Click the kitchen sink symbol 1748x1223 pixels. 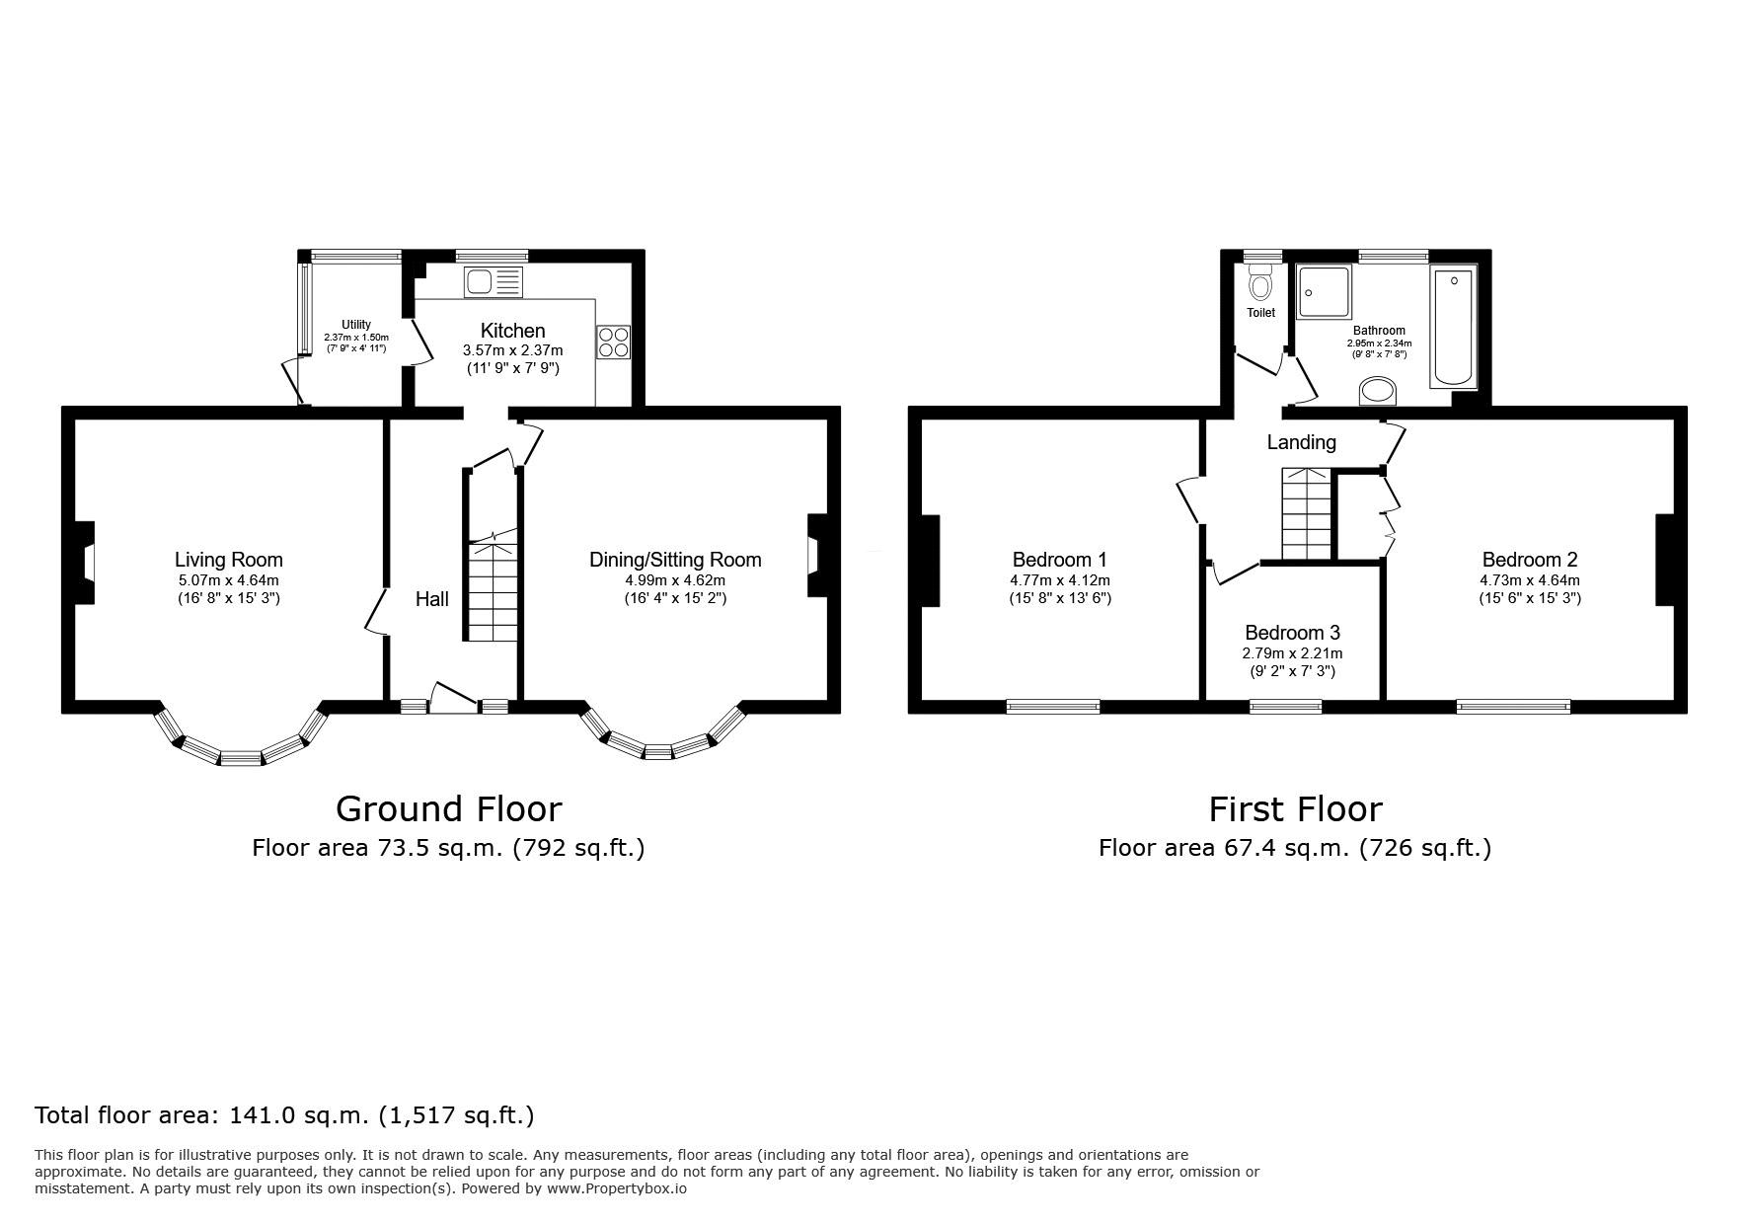pyautogui.click(x=493, y=282)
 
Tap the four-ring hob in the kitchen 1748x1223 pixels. pyautogui.click(x=613, y=342)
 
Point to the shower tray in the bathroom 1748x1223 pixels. pyautogui.click(x=1323, y=292)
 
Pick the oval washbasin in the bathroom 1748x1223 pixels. pyautogui.click(x=1379, y=392)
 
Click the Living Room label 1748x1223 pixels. pyautogui.click(x=229, y=560)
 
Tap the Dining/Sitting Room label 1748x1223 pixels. pyautogui.click(x=675, y=560)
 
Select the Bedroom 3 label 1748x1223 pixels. pyautogui.click(x=1292, y=633)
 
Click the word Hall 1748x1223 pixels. pyautogui.click(x=431, y=599)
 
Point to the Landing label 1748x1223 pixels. pyautogui.click(x=1302, y=442)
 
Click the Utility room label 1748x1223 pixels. pyautogui.click(x=356, y=325)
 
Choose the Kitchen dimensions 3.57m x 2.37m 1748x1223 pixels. pyautogui.click(x=513, y=350)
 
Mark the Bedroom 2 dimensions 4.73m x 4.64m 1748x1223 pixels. pyautogui.click(x=1530, y=580)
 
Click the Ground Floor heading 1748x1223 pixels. pyautogui.click(x=449, y=809)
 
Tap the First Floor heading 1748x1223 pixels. pyautogui.click(x=1295, y=809)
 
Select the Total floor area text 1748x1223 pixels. pyautogui.click(x=284, y=1115)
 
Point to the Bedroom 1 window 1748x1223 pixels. pyautogui.click(x=1053, y=706)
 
